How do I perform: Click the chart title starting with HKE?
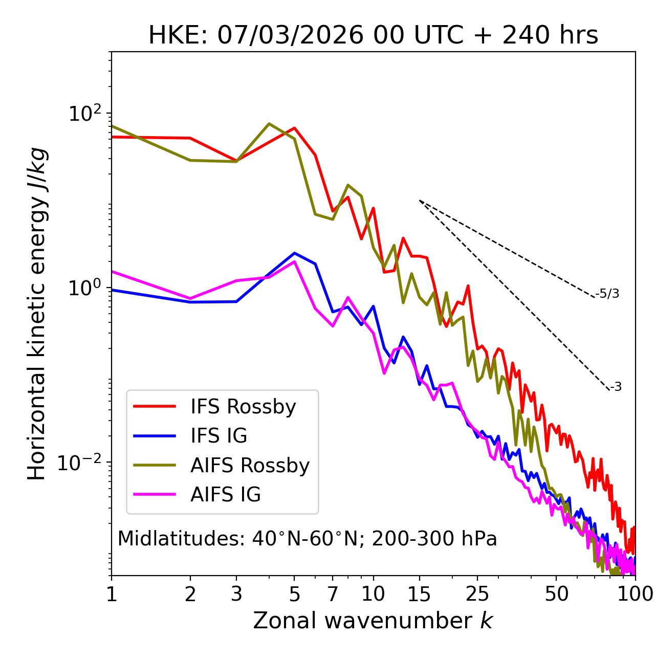(373, 35)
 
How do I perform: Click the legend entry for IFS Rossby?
(243, 407)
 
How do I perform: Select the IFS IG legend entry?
(219, 436)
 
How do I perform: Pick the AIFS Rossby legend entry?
(250, 466)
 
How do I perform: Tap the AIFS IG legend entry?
(226, 495)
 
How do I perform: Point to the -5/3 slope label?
(607, 294)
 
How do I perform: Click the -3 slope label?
(616, 387)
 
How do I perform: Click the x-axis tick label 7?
(333, 594)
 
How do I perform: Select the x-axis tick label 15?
(419, 594)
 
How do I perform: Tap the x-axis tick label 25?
(477, 594)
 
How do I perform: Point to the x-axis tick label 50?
(556, 594)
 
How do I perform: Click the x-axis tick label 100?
(635, 594)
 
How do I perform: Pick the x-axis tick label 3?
(236, 594)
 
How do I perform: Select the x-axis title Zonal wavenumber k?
(373, 621)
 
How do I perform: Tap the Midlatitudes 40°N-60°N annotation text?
(307, 539)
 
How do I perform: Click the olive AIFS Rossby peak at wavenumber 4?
(269, 124)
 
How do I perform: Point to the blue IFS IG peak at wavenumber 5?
(294, 253)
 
